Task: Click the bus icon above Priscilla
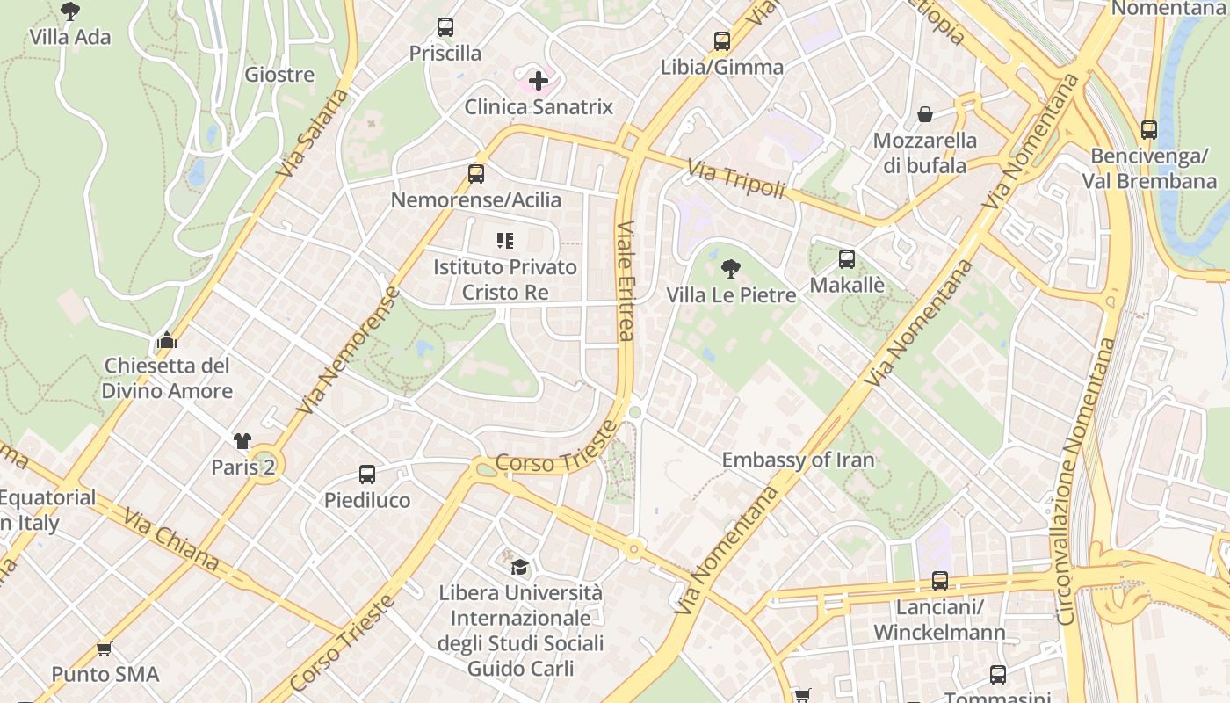pyautogui.click(x=445, y=27)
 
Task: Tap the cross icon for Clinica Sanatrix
pyautogui.click(x=539, y=82)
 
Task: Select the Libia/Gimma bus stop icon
pyautogui.click(x=721, y=41)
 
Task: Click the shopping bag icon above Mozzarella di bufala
pyautogui.click(x=925, y=114)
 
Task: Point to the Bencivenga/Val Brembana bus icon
pyautogui.click(x=1148, y=130)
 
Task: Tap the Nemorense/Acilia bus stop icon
pyautogui.click(x=475, y=174)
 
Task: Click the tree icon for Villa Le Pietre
pyautogui.click(x=730, y=269)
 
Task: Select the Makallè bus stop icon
pyautogui.click(x=846, y=259)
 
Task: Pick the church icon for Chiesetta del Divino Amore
pyautogui.click(x=167, y=339)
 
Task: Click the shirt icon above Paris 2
pyautogui.click(x=242, y=441)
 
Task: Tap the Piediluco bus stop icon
pyautogui.click(x=367, y=475)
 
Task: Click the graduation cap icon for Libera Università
pyautogui.click(x=520, y=567)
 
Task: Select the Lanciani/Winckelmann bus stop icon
pyautogui.click(x=939, y=581)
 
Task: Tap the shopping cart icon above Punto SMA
pyautogui.click(x=105, y=649)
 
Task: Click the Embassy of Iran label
pyautogui.click(x=798, y=460)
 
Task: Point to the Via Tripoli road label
pyautogui.click(x=735, y=178)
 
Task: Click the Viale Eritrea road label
pyautogui.click(x=625, y=279)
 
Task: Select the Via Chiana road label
pyautogui.click(x=171, y=540)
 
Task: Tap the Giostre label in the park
pyautogui.click(x=279, y=75)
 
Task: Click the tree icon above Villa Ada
pyautogui.click(x=70, y=11)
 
